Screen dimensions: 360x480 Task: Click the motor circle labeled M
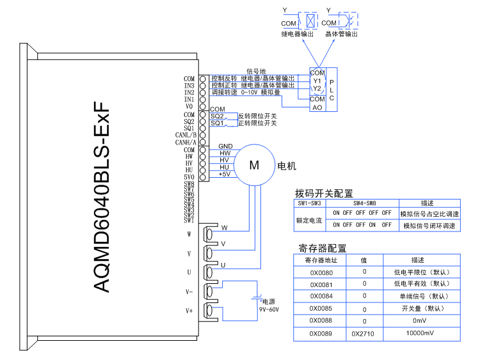point(254,165)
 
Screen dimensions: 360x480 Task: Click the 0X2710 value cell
point(364,334)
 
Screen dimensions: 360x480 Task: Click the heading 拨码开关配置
point(324,194)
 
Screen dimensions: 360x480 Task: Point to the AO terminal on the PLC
point(317,107)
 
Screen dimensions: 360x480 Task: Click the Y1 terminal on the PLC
point(317,81)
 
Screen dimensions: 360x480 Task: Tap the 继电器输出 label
point(298,34)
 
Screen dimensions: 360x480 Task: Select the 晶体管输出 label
point(341,34)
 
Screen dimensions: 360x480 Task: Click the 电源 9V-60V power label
point(269,304)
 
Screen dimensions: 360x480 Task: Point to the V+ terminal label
point(189,311)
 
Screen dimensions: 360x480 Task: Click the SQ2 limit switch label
point(217,116)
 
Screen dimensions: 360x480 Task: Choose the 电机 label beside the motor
point(286,166)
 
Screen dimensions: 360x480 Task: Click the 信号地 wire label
point(256,71)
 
